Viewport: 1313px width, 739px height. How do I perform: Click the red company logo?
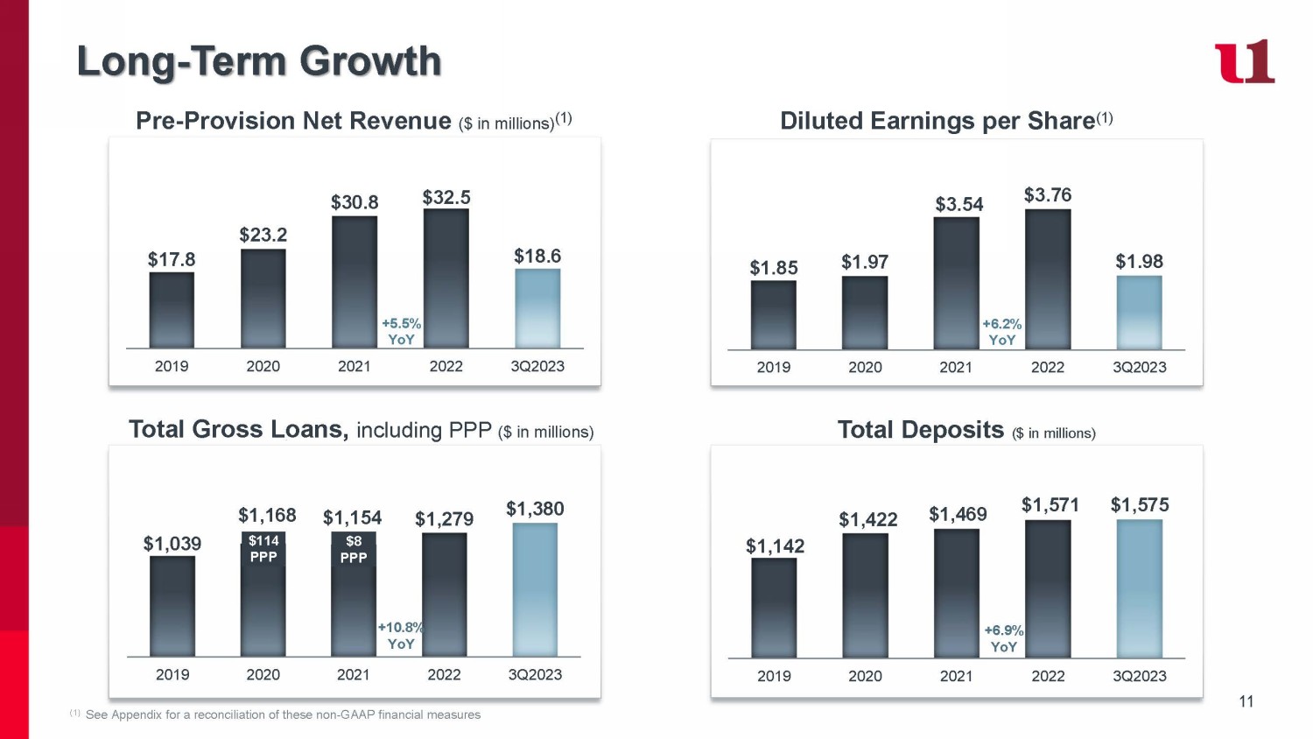[1244, 62]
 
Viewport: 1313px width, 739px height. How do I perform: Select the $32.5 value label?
[446, 198]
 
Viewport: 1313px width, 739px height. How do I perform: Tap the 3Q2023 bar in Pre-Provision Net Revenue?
[537, 308]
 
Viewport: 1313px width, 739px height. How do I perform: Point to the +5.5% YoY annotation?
[401, 332]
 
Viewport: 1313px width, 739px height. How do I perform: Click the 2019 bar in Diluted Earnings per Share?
[774, 315]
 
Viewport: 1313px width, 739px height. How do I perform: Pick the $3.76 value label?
[1048, 195]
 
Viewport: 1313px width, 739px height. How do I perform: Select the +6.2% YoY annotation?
[1002, 332]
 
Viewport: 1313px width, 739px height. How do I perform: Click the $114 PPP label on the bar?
[263, 549]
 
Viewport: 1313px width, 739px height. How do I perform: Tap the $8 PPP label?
[354, 549]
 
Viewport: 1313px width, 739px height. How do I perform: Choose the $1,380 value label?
[535, 509]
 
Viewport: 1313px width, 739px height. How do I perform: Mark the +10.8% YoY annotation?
[401, 636]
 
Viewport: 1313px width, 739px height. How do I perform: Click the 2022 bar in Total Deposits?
[1048, 588]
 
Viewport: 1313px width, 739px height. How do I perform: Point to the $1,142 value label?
[775, 546]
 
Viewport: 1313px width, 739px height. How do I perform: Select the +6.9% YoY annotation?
[1004, 638]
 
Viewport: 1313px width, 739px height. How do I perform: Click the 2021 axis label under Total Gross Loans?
[354, 675]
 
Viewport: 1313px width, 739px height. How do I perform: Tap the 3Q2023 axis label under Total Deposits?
[1140, 676]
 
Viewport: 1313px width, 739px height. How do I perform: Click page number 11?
[1246, 701]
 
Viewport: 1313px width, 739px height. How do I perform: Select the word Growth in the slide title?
[370, 61]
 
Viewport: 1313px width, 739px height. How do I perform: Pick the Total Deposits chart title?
[921, 430]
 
